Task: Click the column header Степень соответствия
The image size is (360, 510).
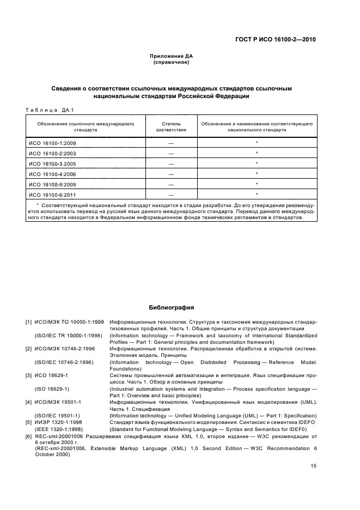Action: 171,127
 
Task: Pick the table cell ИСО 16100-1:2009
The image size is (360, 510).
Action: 52,143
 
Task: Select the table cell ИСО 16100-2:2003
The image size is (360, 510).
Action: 52,153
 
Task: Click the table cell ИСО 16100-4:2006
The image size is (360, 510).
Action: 52,174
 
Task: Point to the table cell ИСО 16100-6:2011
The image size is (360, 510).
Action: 52,195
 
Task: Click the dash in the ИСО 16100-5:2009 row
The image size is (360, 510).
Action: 171,184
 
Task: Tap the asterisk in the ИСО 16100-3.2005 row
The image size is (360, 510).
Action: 256,163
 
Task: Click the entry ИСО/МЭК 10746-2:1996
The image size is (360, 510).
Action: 63,348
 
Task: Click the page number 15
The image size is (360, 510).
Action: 313,465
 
